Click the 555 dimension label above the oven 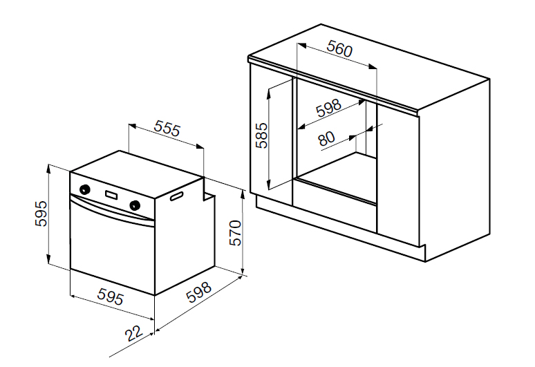click(x=167, y=128)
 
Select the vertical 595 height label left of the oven click(x=41, y=214)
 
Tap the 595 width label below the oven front click(x=110, y=296)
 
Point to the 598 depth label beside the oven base click(x=199, y=292)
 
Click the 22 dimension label click(x=134, y=333)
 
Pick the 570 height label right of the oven click(x=235, y=233)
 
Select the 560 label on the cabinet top click(x=339, y=48)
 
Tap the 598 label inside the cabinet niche click(x=328, y=108)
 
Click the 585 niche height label click(x=262, y=135)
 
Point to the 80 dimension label click(x=326, y=139)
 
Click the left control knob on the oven click(x=84, y=189)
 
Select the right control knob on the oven click(x=135, y=205)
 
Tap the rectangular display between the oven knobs click(x=112, y=195)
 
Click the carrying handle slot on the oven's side click(x=176, y=197)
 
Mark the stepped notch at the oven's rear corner click(x=208, y=191)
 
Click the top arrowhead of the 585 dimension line click(x=269, y=92)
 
